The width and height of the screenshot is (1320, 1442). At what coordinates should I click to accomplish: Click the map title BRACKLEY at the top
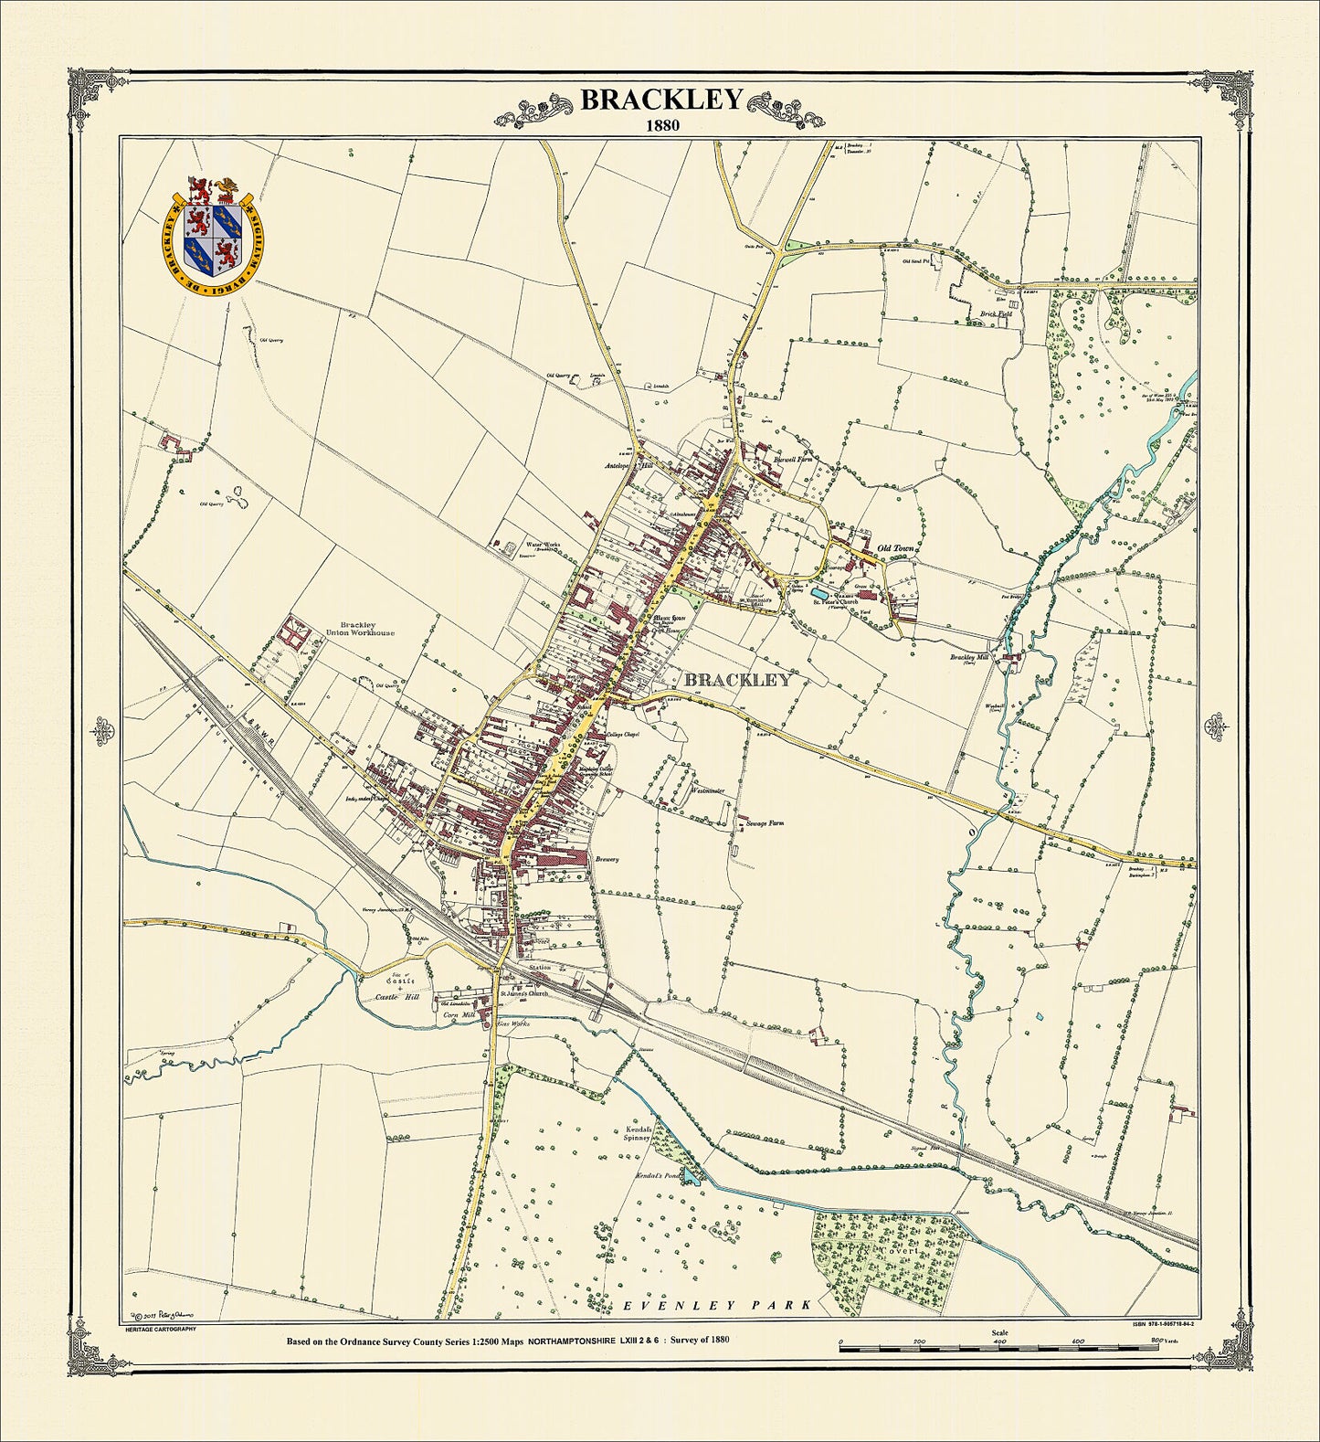coord(661,100)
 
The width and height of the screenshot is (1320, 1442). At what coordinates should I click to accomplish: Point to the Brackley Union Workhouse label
coord(357,629)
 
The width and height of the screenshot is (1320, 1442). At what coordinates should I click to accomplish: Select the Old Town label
coord(895,548)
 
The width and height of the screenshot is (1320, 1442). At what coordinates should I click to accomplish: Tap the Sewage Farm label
coord(766,823)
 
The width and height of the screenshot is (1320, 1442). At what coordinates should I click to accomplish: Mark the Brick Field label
coord(996,313)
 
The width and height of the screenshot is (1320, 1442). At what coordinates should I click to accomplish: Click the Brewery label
coord(607,859)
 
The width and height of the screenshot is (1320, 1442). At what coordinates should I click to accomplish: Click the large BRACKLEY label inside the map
coord(737,680)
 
